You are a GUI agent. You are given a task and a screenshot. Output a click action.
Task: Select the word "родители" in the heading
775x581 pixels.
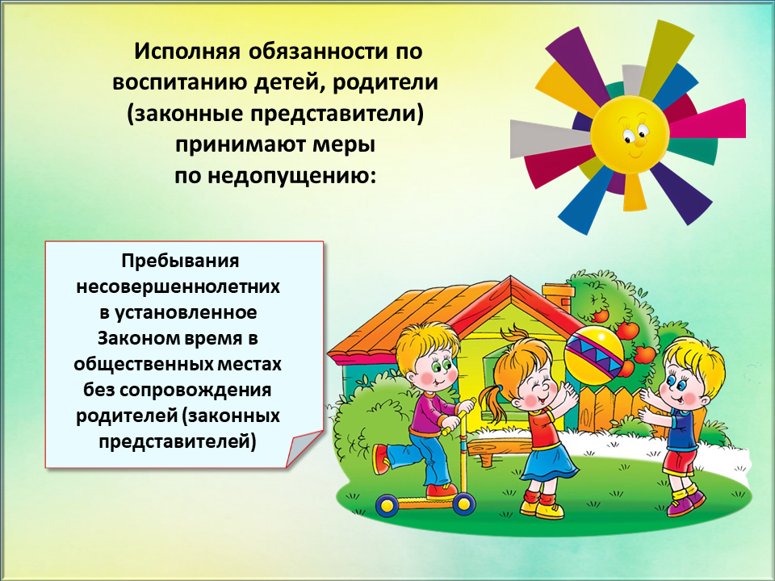click(386, 82)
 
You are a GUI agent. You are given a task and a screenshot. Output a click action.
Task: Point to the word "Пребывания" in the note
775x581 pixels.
click(180, 261)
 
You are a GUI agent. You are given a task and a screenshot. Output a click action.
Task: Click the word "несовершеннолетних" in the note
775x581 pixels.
click(178, 286)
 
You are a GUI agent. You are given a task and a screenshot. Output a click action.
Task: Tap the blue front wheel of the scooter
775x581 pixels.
click(463, 504)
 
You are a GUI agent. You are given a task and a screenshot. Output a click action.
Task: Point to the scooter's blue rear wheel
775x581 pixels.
click(387, 505)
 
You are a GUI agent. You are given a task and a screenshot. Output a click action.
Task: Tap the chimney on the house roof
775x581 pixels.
click(558, 296)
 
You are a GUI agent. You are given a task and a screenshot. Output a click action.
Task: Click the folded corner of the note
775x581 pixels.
click(303, 449)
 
